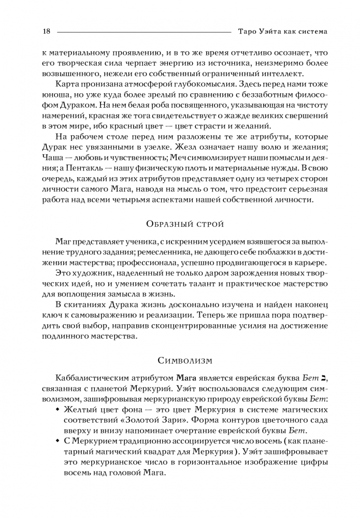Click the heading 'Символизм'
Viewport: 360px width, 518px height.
tap(180, 359)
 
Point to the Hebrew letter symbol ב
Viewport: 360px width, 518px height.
tap(324, 378)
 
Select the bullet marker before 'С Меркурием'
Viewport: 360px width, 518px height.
tap(57, 444)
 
